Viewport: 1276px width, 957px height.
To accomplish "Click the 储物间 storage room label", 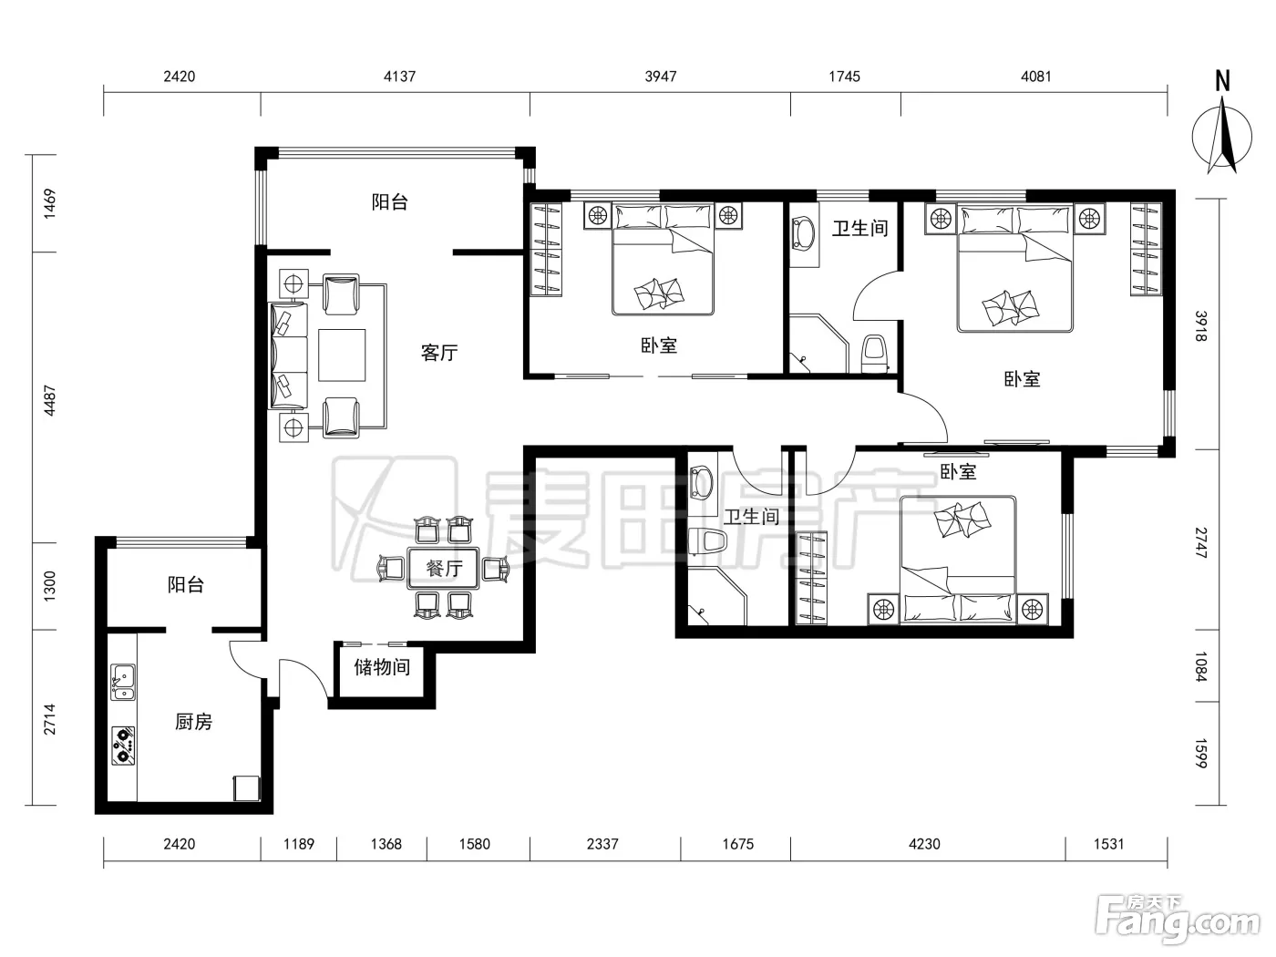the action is click(382, 666).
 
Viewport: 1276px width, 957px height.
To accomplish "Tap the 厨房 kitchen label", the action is click(193, 722).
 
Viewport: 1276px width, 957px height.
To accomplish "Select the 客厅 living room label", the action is click(439, 352).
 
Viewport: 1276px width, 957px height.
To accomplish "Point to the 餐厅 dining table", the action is click(444, 568).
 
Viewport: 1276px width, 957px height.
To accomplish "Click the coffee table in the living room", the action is click(342, 355).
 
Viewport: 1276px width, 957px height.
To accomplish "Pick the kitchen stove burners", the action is click(123, 746).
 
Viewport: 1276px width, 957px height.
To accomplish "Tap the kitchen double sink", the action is click(123, 682).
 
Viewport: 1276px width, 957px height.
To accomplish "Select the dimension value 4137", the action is click(399, 77).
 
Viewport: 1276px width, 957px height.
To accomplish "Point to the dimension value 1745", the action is click(844, 77).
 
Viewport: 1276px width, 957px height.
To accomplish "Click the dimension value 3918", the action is click(1201, 326).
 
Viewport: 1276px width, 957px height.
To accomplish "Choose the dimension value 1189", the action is click(299, 844).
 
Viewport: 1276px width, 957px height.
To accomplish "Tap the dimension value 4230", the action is click(924, 844).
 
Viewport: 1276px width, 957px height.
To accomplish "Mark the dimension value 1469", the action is click(50, 203).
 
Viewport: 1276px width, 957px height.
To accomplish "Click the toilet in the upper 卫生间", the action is click(874, 353).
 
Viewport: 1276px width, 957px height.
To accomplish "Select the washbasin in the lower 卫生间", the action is click(701, 483).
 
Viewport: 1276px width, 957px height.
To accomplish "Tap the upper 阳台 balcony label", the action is click(389, 201).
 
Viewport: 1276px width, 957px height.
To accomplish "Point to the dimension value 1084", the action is click(1201, 666).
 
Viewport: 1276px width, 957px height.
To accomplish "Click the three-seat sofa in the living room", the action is click(288, 355).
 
